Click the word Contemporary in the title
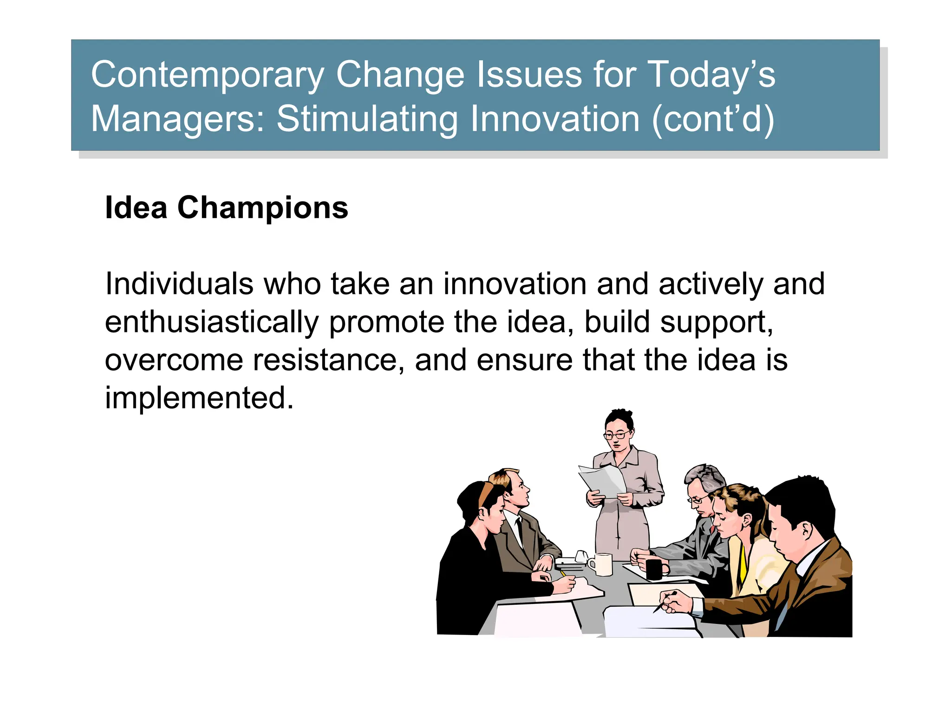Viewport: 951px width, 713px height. pyautogui.click(x=207, y=75)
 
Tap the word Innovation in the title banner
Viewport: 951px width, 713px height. pyautogui.click(x=555, y=119)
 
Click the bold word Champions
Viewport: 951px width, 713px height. pyautogui.click(x=262, y=207)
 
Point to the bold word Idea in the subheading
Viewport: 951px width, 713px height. pyautogui.click(x=136, y=207)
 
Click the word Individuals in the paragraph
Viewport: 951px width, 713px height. pyautogui.click(x=179, y=284)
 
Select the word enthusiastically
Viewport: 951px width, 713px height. pyautogui.click(x=212, y=322)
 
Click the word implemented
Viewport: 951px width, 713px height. pyautogui.click(x=199, y=398)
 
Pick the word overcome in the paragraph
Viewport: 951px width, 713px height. pyautogui.click(x=174, y=360)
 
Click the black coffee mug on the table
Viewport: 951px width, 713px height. pyautogui.click(x=655, y=569)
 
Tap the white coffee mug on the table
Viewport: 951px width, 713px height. pyautogui.click(x=602, y=564)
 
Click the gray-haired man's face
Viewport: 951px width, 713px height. pyautogui.click(x=699, y=499)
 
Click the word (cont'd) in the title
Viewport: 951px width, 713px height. pyautogui.click(x=713, y=119)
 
